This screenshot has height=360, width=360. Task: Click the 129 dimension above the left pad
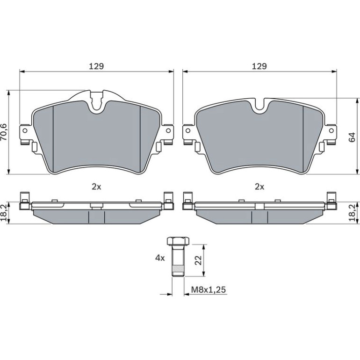pyautogui.click(x=96, y=66)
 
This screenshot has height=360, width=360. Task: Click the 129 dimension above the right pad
pyautogui.click(x=259, y=66)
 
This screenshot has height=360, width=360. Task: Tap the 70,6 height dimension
pyautogui.click(x=4, y=132)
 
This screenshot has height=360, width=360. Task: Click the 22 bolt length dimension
pyautogui.click(x=198, y=260)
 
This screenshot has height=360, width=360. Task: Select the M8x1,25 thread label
pyautogui.click(x=209, y=290)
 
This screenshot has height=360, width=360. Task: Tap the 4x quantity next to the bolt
pyautogui.click(x=160, y=258)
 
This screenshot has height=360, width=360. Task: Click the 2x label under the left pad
pyautogui.click(x=96, y=187)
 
